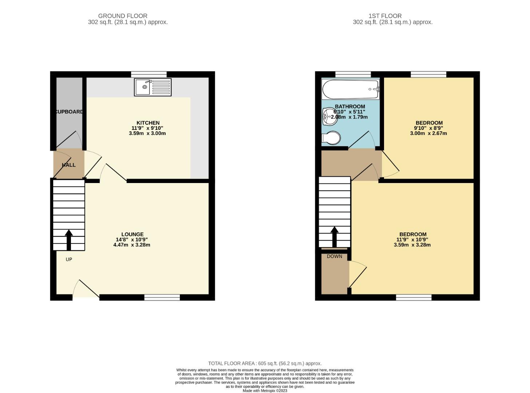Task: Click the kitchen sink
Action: coord(153,87)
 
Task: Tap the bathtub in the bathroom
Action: coord(350,90)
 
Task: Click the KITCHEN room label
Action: coord(148,123)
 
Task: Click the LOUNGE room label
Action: coord(132,234)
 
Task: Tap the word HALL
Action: coord(69,165)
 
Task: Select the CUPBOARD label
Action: coord(69,112)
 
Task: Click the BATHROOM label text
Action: coord(350,107)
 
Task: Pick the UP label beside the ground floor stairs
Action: coord(69,259)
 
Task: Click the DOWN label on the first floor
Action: coord(334,256)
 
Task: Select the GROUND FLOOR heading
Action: coord(123,16)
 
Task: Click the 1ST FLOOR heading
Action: coord(385,16)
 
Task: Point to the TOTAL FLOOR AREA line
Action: coord(265,363)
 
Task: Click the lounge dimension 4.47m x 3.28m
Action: coord(132,245)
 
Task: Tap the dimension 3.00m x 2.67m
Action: coord(428,133)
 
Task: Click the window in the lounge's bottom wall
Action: coord(162,297)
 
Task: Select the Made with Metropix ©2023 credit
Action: coord(265,390)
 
